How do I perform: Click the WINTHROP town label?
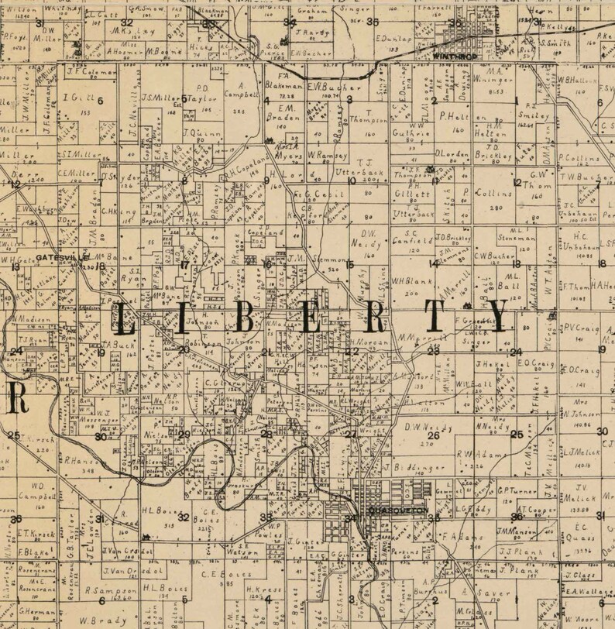pyautogui.click(x=452, y=57)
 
